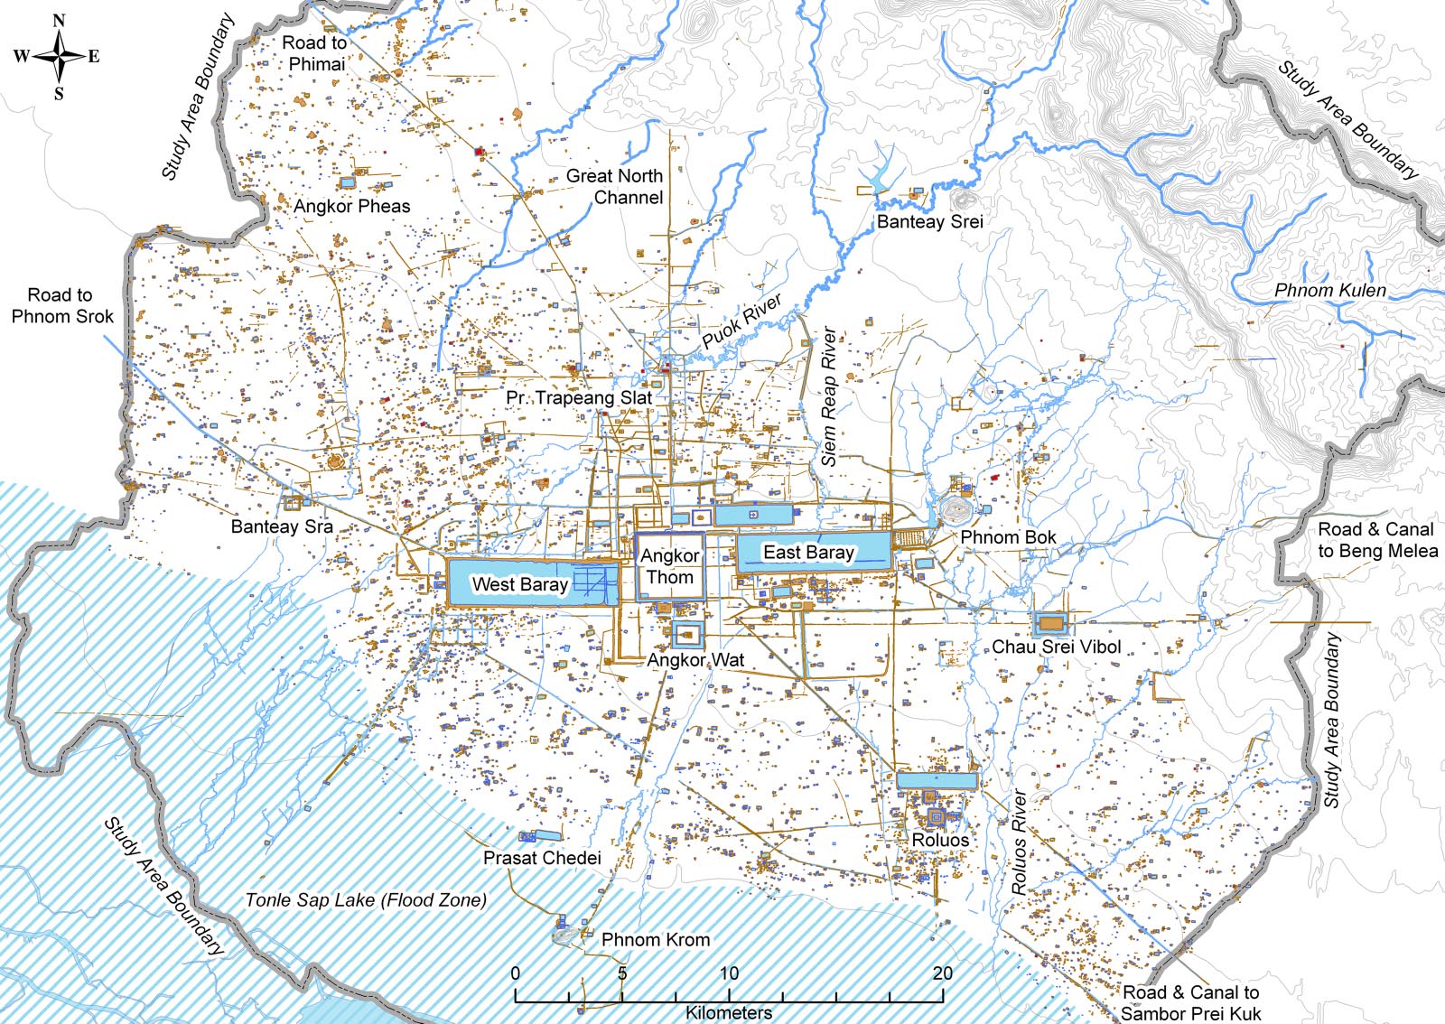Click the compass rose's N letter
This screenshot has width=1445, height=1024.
click(x=60, y=20)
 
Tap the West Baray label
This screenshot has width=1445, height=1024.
click(x=519, y=584)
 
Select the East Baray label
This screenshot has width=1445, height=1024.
click(x=808, y=552)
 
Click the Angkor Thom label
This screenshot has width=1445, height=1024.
click(x=670, y=566)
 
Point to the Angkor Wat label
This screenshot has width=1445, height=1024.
click(x=695, y=660)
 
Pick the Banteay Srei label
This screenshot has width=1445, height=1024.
click(x=929, y=221)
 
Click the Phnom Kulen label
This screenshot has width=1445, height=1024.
click(x=1329, y=290)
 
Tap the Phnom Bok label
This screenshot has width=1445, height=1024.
click(x=1008, y=537)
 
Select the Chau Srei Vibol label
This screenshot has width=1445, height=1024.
click(x=1057, y=647)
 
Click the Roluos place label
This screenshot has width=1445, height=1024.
click(x=940, y=840)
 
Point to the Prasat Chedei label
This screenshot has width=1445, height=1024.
click(x=542, y=858)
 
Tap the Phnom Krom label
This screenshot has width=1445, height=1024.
click(x=656, y=939)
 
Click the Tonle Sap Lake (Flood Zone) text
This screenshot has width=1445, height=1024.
click(x=366, y=899)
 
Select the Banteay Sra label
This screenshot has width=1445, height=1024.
click(x=282, y=526)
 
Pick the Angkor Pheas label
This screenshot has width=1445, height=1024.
click(x=351, y=206)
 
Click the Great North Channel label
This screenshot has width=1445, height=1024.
click(x=615, y=187)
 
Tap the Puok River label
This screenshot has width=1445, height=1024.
click(x=741, y=321)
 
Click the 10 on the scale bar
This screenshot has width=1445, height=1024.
click(x=729, y=973)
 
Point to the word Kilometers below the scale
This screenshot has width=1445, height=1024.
click(x=729, y=1012)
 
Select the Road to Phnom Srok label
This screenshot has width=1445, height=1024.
click(x=61, y=305)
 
